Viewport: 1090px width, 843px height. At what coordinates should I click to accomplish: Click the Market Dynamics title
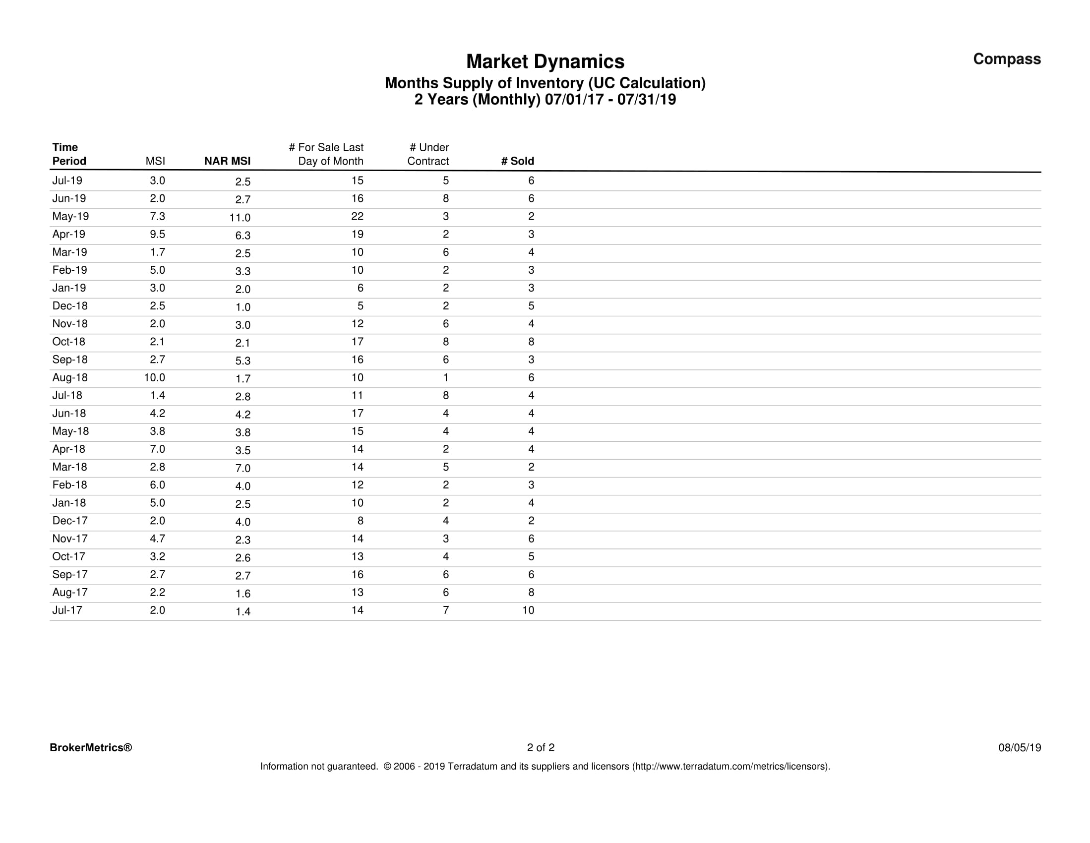545,62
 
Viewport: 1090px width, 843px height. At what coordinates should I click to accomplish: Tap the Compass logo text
1007,59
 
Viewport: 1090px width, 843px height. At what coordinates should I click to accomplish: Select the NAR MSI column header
227,161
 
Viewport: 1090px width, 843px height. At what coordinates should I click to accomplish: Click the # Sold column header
518,161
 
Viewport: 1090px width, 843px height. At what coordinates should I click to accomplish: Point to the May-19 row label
70,217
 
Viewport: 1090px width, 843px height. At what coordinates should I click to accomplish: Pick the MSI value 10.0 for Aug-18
155,378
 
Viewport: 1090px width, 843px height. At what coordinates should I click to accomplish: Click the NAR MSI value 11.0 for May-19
240,218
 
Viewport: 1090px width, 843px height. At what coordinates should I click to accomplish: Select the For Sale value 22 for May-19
358,217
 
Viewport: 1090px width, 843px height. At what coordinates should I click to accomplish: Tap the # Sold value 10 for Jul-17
528,610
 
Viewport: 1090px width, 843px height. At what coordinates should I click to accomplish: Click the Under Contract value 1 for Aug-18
446,378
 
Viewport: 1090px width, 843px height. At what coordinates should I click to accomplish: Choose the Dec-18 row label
70,306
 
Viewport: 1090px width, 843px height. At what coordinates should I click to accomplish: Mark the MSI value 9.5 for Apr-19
157,235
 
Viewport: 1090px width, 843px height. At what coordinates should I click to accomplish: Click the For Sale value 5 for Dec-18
361,306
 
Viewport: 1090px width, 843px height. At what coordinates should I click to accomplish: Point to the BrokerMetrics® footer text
91,748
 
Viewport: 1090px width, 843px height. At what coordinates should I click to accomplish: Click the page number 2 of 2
541,748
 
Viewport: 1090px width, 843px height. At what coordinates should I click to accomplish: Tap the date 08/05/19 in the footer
1020,748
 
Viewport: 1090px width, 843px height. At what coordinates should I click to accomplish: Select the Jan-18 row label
69,503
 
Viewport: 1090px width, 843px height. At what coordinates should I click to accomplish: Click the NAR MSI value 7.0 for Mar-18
243,469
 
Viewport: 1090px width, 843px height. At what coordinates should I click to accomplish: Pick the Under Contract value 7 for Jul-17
446,610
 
